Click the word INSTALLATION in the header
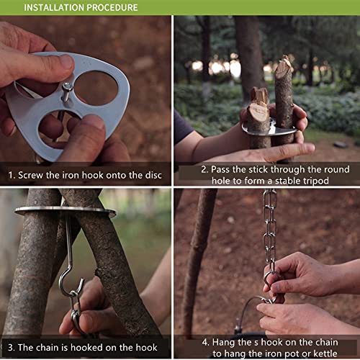(x=54, y=7)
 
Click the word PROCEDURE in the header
(x=112, y=7)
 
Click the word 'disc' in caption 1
(x=153, y=175)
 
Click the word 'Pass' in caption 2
(x=220, y=169)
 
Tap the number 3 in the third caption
(x=10, y=348)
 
